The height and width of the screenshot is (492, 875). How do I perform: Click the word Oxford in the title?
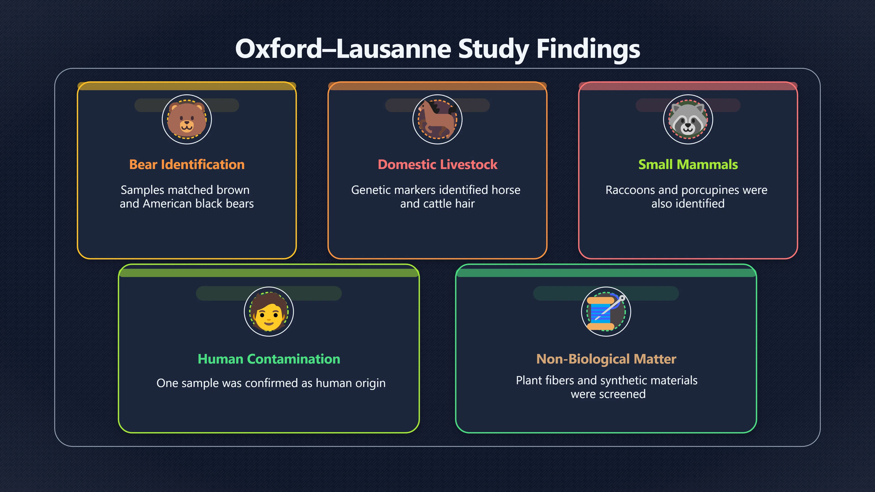278,49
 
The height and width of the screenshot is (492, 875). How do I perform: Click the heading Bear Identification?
187,164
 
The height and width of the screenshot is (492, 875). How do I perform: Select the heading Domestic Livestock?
437,164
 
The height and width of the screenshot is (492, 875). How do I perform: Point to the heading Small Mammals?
688,164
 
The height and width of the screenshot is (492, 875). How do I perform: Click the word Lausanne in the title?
394,49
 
